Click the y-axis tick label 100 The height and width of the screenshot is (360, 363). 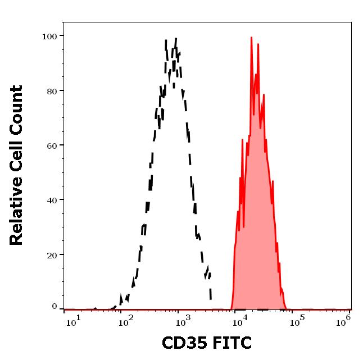coord(50,37)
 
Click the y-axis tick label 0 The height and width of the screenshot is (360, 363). coord(55,307)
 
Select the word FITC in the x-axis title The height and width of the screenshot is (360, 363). coord(230,342)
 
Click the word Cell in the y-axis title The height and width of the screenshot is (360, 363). coord(17,153)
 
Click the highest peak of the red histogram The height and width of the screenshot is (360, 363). coord(251,38)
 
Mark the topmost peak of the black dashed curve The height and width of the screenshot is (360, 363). coord(176,39)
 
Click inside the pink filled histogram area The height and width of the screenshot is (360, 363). coord(256,225)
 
